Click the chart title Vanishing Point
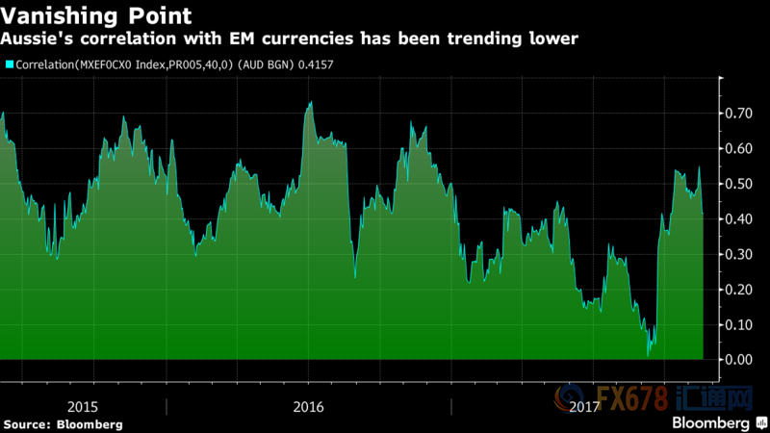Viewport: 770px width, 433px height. (95, 15)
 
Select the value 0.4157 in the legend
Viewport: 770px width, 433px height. (330, 64)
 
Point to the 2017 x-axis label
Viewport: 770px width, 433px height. (583, 406)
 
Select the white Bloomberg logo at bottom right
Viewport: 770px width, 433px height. (712, 421)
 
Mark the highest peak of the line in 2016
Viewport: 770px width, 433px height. (309, 102)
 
